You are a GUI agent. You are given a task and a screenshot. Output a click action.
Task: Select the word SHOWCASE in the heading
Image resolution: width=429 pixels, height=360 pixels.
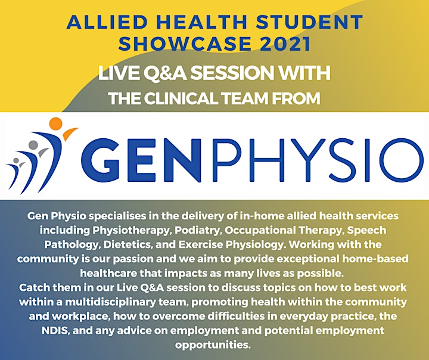coord(185,44)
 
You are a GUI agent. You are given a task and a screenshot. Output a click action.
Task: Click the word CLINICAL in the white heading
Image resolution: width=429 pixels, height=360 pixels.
coord(182,98)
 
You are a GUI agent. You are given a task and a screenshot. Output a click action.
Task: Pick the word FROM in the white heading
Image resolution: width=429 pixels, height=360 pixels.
coord(296,98)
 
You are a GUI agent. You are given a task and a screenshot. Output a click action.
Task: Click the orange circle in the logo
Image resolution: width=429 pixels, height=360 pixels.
coord(56,125)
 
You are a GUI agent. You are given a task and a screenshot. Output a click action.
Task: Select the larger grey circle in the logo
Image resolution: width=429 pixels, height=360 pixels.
coord(33,145)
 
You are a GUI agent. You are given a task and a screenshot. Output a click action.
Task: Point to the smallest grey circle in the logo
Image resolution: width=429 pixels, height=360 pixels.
coord(16,160)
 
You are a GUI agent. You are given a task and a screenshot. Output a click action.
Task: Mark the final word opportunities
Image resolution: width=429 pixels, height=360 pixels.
coord(213,345)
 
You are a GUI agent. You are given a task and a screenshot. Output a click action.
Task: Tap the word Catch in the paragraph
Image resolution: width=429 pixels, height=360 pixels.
coord(35,288)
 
